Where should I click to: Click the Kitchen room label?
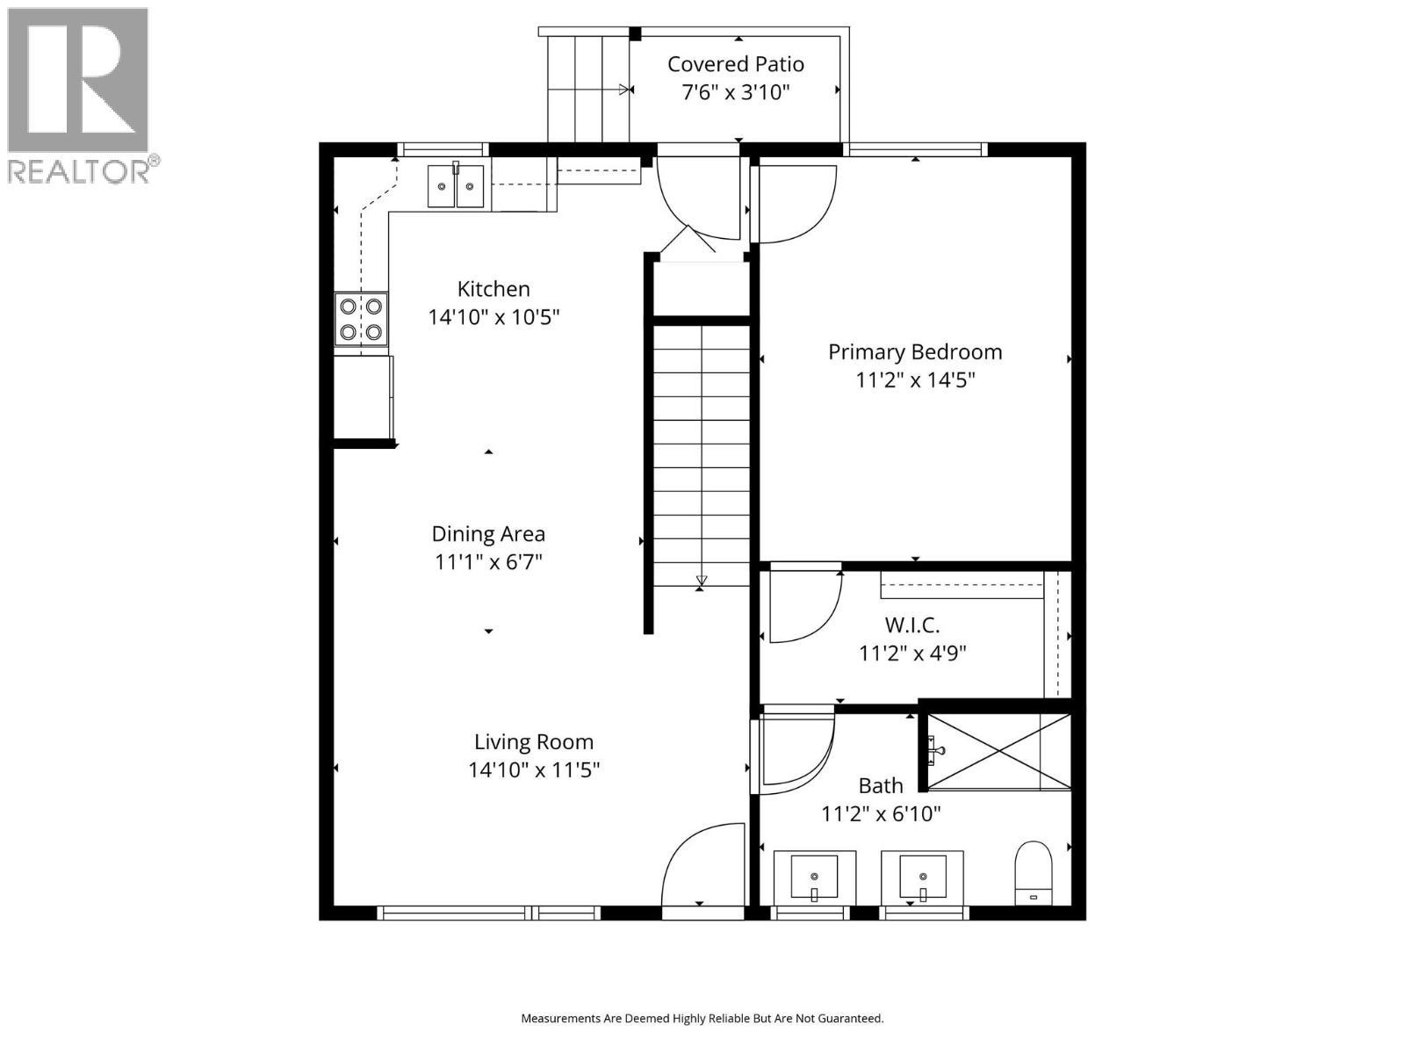click(494, 289)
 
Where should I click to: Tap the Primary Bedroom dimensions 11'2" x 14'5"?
click(915, 380)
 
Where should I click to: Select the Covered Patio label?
click(736, 64)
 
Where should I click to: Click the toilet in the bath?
click(1033, 873)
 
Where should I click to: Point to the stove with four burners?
click(361, 320)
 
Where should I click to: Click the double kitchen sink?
click(456, 185)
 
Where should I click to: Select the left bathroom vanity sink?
click(814, 877)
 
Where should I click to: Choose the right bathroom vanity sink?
click(922, 877)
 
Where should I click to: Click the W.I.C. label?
click(912, 624)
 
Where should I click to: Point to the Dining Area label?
click(488, 534)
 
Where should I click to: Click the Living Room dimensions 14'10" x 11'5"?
click(533, 769)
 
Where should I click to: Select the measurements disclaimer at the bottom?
click(702, 1018)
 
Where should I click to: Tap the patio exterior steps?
click(588, 89)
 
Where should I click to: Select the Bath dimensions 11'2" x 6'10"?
click(881, 814)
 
